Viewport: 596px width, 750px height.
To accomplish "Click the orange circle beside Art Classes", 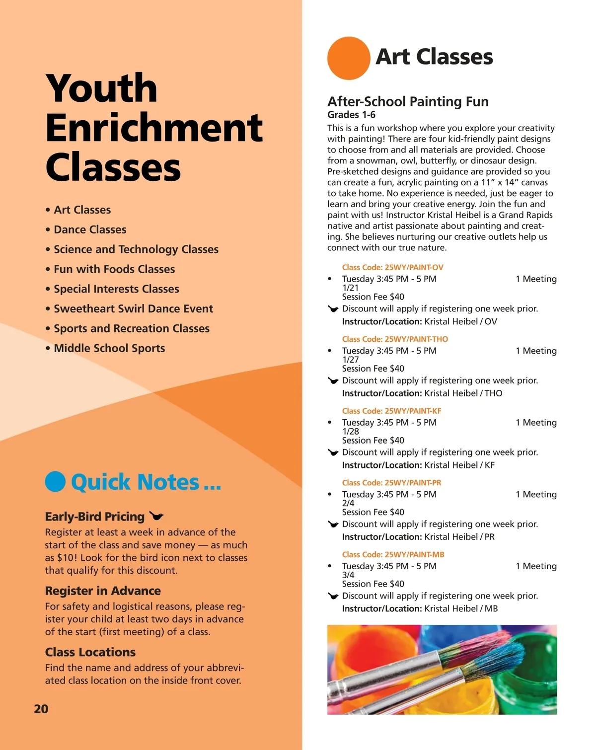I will click(x=349, y=58).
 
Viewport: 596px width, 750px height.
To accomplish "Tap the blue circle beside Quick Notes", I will click(x=55, y=481).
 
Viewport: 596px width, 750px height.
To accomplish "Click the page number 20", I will click(x=41, y=709).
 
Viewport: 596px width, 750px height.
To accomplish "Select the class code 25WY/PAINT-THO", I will click(x=395, y=339).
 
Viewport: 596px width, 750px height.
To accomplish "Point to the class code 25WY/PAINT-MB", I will click(x=393, y=554).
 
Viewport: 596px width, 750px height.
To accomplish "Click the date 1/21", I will click(x=350, y=288).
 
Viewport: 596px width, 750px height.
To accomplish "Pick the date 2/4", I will click(x=348, y=503).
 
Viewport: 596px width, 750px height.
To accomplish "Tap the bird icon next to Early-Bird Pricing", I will click(x=156, y=516).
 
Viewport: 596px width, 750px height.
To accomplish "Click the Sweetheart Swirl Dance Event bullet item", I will click(x=133, y=309).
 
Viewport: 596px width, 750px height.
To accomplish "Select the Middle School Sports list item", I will click(x=109, y=348).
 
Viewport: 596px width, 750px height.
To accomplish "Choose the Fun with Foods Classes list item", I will click(x=114, y=269).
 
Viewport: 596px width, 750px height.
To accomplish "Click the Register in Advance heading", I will click(x=103, y=591).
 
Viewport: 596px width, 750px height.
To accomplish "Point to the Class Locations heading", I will click(x=90, y=652).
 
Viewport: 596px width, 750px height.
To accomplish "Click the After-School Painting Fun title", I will click(x=408, y=102).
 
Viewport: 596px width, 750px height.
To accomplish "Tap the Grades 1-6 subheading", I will click(x=351, y=115).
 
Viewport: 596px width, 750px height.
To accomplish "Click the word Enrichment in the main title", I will click(x=154, y=128).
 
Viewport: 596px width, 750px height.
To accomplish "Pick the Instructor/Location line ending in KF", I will click(x=418, y=465).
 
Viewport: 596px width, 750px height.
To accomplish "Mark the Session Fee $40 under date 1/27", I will click(x=373, y=369).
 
